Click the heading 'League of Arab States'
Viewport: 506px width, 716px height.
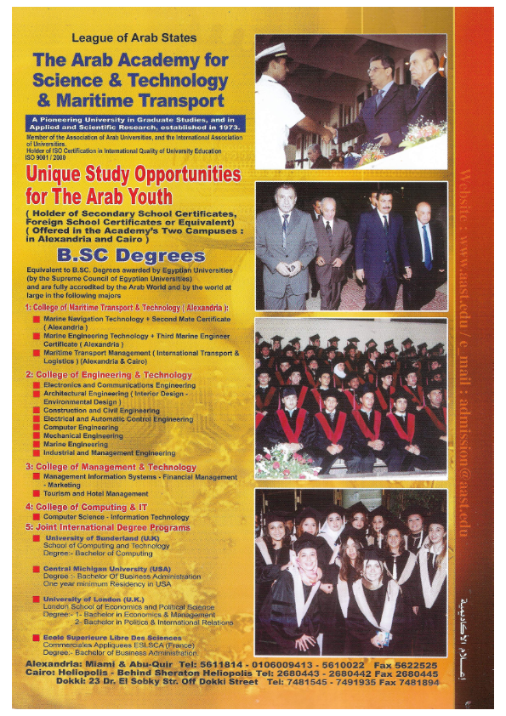[134, 38]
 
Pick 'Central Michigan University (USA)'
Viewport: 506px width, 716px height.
[106, 568]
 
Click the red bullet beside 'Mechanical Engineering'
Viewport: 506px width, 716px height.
[37, 435]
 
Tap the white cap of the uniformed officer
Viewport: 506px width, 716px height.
[273, 50]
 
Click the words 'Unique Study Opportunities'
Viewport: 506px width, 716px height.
[134, 174]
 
